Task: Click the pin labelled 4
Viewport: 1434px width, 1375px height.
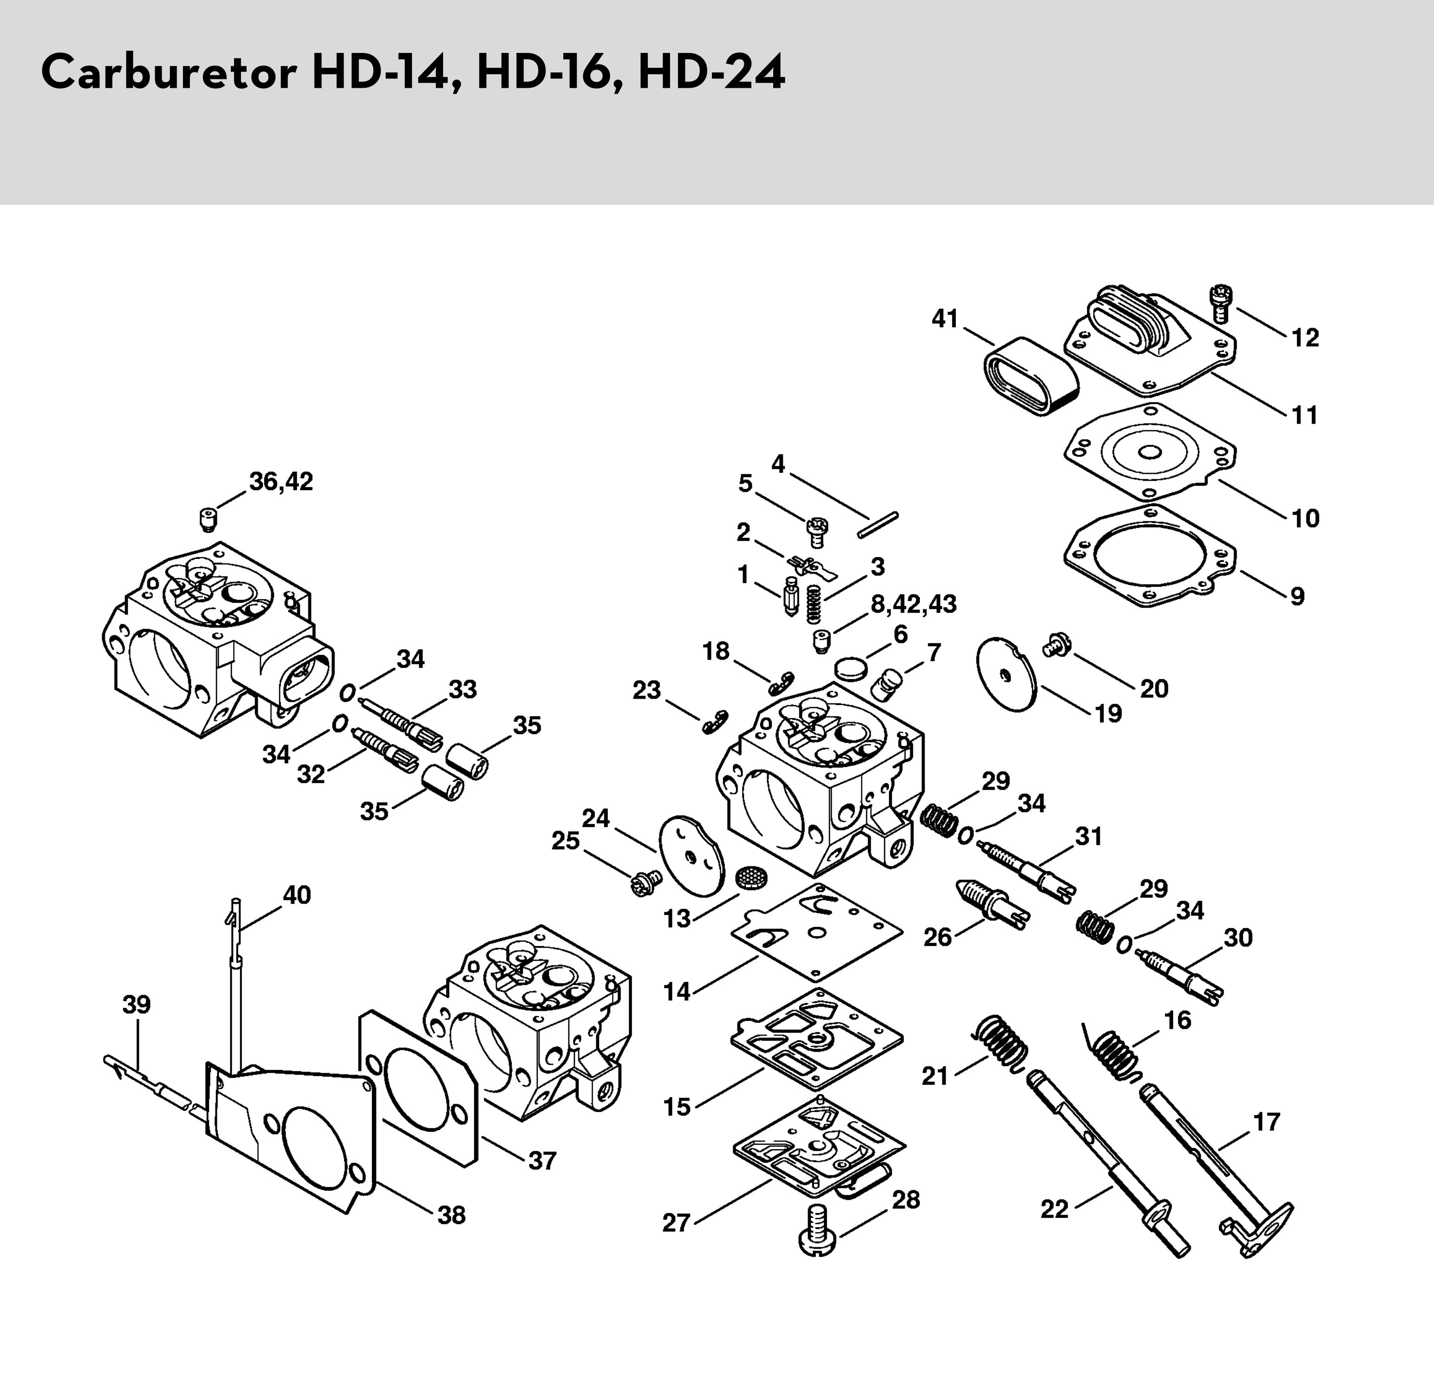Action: tap(877, 524)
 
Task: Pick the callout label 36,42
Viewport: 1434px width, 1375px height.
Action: tap(281, 482)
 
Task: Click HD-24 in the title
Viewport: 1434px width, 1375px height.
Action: tap(711, 73)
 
